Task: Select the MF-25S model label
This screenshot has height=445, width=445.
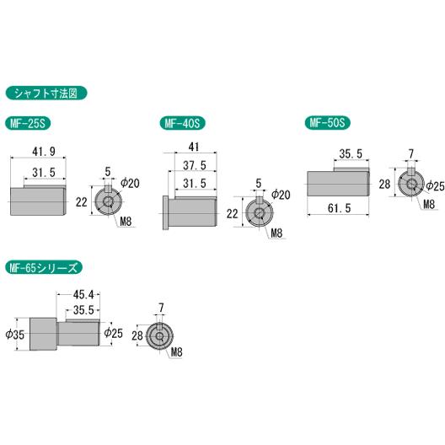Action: pyautogui.click(x=29, y=123)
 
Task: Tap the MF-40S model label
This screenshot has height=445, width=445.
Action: pyautogui.click(x=181, y=123)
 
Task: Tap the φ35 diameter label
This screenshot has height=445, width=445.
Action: pyautogui.click(x=15, y=334)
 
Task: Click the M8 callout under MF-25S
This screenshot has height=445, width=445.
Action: pyautogui.click(x=126, y=222)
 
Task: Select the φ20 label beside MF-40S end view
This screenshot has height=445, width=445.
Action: pyautogui.click(x=282, y=195)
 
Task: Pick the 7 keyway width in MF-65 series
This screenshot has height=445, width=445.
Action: pyautogui.click(x=161, y=308)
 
